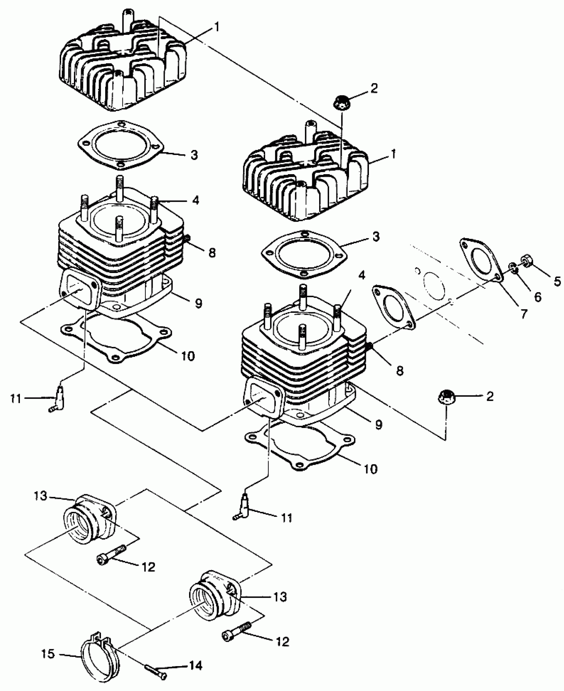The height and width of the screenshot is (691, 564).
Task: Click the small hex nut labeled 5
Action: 527,260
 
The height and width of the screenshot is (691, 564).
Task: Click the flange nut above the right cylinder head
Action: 341,101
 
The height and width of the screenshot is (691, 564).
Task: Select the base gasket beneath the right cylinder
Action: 300,445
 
